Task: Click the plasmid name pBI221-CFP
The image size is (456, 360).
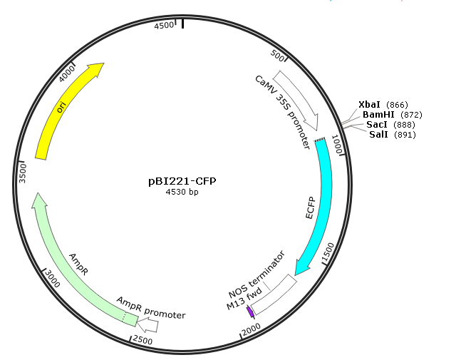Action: (x=182, y=181)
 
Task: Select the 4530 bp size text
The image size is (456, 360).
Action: (x=182, y=192)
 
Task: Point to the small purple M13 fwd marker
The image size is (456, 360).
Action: (x=250, y=312)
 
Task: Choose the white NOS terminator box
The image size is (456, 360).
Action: (x=274, y=294)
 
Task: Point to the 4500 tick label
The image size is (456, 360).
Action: (x=164, y=26)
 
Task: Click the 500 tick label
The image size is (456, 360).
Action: (x=277, y=56)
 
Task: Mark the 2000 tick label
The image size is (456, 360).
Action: (x=252, y=329)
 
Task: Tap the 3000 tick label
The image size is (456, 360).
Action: (x=53, y=279)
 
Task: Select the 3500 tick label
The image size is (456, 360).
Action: (x=22, y=173)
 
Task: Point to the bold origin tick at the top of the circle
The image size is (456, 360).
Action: (x=182, y=24)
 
